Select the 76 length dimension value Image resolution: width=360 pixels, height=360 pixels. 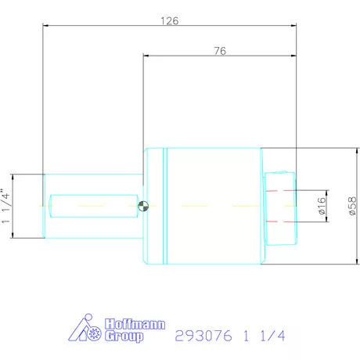click(220, 51)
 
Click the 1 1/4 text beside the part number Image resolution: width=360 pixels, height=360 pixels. click(263, 336)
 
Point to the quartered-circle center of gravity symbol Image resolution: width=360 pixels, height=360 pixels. click(143, 206)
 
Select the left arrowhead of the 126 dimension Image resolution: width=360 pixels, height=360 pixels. click(46, 27)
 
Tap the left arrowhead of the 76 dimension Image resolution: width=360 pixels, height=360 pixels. click(147, 56)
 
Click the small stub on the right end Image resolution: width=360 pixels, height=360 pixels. click(280, 206)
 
